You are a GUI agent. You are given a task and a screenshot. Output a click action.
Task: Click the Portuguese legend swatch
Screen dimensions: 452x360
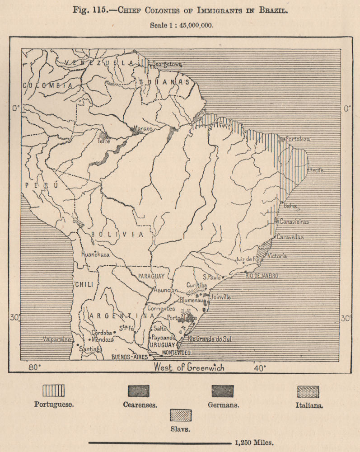point(53,391)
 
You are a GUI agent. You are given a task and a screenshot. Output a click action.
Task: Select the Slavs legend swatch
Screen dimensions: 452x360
point(181,415)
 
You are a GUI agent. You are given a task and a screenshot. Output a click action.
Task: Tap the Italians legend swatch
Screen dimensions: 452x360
point(308,391)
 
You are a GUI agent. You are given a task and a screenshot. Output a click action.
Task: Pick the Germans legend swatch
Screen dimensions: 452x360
point(223,391)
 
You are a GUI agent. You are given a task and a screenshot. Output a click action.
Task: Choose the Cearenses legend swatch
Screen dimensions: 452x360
point(138,391)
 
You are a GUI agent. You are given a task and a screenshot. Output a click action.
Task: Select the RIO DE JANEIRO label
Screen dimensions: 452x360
point(262,275)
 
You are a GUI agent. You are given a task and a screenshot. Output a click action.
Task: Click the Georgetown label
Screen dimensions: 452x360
point(167,64)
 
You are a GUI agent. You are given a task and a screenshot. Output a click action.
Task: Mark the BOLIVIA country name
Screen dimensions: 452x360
point(117,234)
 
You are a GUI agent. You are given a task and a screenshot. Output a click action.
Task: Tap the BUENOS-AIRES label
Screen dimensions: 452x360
point(129,357)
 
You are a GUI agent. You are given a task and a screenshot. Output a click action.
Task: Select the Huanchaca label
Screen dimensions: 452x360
point(95,254)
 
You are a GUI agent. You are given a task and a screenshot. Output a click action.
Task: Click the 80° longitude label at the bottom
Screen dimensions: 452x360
point(34,367)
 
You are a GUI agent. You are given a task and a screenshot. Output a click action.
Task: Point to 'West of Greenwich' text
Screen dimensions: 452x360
point(189,367)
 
